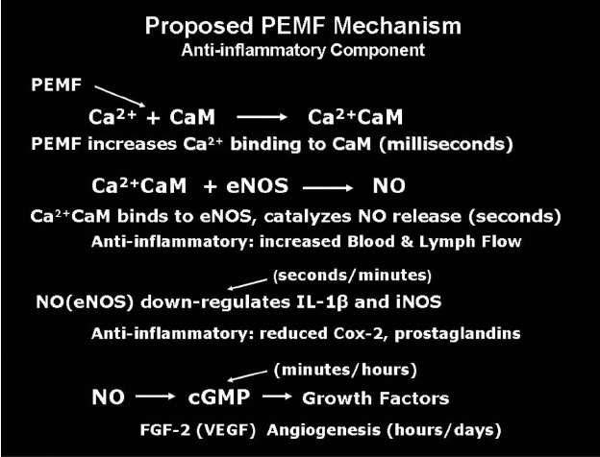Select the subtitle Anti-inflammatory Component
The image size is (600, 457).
pos(299,49)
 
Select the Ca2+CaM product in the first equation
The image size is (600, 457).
pos(355,117)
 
